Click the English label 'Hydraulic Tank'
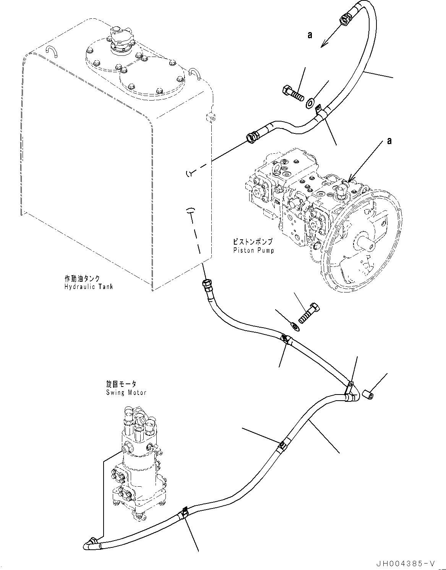click(89, 287)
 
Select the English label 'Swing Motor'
click(126, 393)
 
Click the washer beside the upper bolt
click(310, 102)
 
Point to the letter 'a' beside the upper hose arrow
click(310, 36)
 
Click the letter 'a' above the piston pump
click(389, 141)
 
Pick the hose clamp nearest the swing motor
click(184, 512)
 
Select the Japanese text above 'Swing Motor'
click(121, 385)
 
